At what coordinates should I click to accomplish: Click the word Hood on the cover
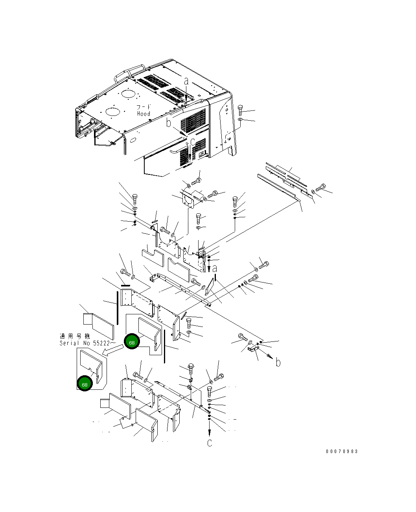pos(144,114)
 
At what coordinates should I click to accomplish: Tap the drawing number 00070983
pos(342,451)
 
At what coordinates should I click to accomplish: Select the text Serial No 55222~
pos(88,343)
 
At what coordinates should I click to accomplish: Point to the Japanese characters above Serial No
pos(75,336)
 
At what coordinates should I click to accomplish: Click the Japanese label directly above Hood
pos(144,107)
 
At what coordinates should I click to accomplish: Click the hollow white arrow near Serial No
pos(112,350)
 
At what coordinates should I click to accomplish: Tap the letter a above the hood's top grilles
pos(186,81)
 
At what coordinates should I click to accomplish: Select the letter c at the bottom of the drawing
pos(210,443)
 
